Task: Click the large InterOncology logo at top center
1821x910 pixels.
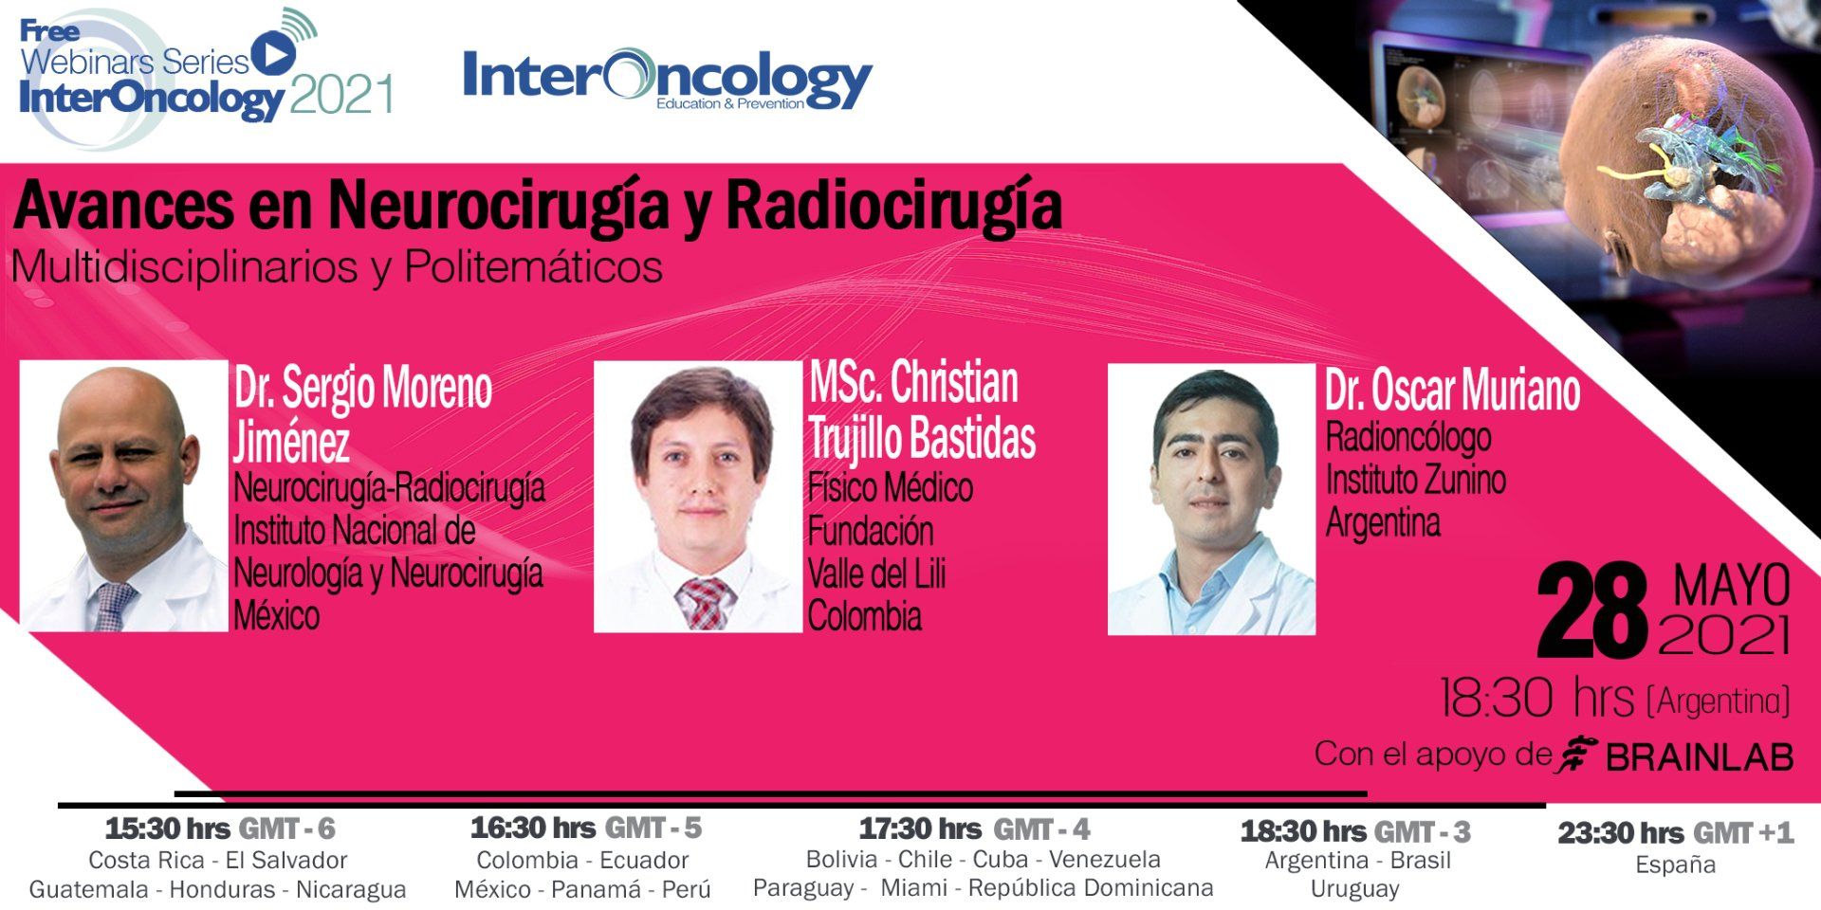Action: pos(667,79)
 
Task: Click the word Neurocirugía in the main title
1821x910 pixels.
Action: pos(499,206)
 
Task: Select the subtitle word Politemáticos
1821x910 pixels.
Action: pos(533,267)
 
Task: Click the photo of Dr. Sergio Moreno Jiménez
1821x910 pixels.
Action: pos(124,497)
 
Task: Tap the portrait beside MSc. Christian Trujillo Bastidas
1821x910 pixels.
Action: pos(698,497)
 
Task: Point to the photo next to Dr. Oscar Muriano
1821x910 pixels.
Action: pos(1211,500)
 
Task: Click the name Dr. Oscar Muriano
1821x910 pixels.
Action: pos(1452,391)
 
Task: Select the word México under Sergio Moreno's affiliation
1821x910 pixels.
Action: pos(277,616)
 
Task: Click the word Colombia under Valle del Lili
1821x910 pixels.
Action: pos(865,616)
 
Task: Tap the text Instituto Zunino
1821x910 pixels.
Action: pos(1415,480)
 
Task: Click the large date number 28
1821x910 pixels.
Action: pos(1592,611)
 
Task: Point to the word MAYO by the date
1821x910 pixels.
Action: pos(1732,586)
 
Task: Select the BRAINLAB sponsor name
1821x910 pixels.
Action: pos(1700,756)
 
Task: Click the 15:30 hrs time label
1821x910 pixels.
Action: pos(168,829)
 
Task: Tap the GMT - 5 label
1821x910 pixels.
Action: pos(653,828)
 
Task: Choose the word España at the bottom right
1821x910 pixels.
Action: pos(1675,864)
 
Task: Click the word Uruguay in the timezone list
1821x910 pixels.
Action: pos(1354,889)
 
